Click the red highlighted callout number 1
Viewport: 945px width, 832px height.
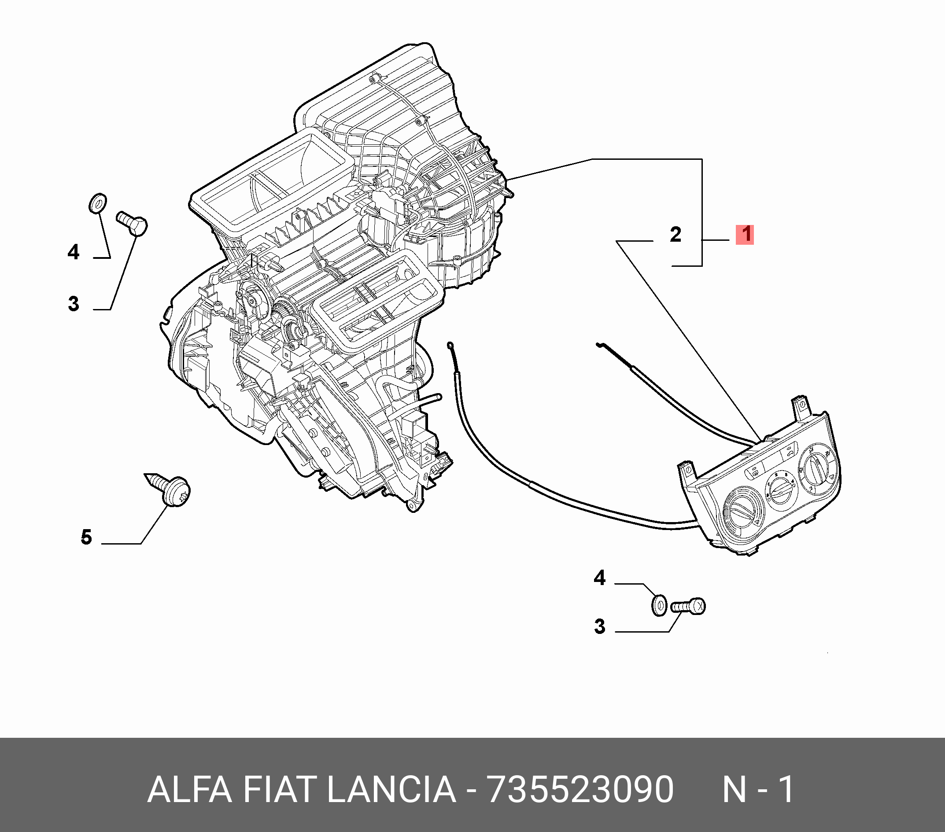(745, 234)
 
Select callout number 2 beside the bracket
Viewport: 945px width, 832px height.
(676, 235)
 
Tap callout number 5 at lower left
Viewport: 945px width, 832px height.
(86, 537)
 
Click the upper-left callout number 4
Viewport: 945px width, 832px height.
(74, 252)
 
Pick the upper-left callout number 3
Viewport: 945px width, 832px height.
(74, 304)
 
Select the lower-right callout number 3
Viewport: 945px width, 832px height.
(600, 627)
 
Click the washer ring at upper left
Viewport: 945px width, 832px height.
(98, 203)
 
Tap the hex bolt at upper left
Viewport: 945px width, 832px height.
(132, 224)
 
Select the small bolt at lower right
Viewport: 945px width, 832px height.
(689, 606)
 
